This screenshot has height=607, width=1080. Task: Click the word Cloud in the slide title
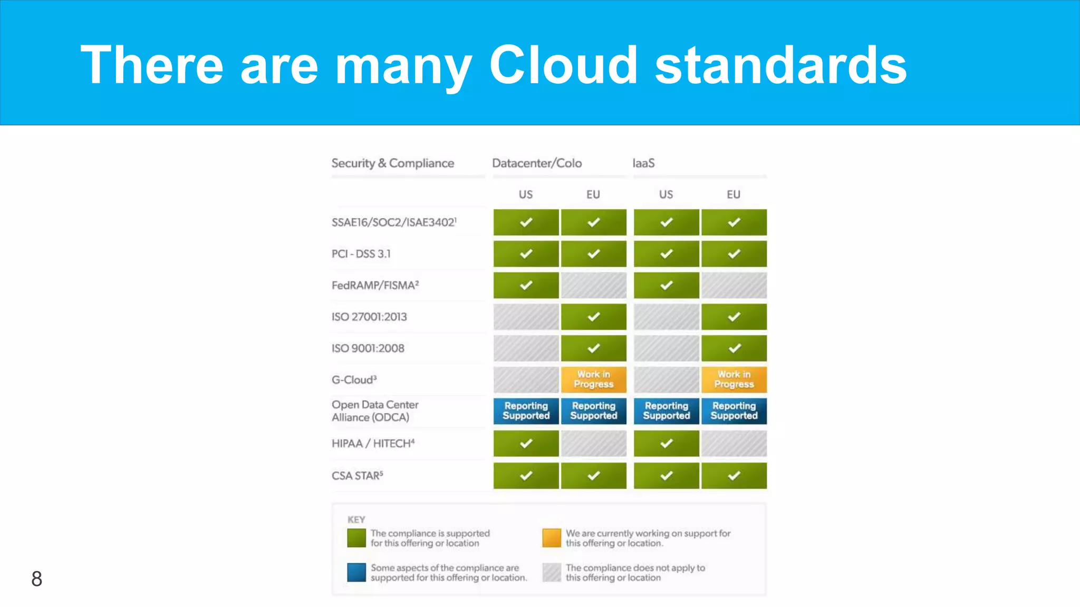563,65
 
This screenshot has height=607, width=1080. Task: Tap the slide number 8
36,579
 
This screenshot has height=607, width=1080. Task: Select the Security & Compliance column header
392,163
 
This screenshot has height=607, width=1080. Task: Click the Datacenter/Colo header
537,163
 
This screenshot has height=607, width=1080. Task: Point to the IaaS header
643,163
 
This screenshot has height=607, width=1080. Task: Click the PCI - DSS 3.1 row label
361,254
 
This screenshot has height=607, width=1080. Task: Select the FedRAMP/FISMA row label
375,286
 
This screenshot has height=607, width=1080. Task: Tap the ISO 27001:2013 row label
369,317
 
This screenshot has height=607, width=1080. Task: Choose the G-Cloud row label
354,380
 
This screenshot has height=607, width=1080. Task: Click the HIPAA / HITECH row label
373,444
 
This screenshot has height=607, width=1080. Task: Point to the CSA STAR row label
357,476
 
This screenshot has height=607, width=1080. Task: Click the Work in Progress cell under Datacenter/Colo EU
593,379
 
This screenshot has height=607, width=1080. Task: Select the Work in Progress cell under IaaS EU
734,379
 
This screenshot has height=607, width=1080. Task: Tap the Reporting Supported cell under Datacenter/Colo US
526,411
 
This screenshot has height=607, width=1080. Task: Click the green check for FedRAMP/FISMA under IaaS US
666,286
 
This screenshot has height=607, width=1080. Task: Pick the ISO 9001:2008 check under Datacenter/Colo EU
593,348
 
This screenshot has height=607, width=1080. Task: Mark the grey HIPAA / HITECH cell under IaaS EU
734,444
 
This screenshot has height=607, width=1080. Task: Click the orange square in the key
552,538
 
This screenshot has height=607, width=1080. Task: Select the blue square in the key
356,572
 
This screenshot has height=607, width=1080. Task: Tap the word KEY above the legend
356,520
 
